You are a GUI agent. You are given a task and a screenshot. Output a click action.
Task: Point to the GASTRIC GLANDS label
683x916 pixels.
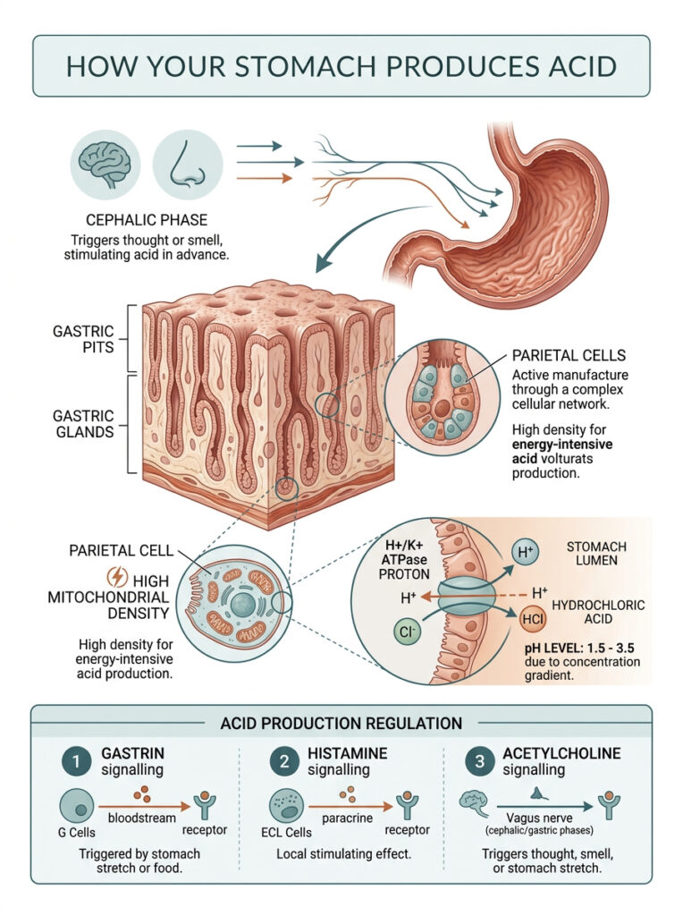point(84,425)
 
